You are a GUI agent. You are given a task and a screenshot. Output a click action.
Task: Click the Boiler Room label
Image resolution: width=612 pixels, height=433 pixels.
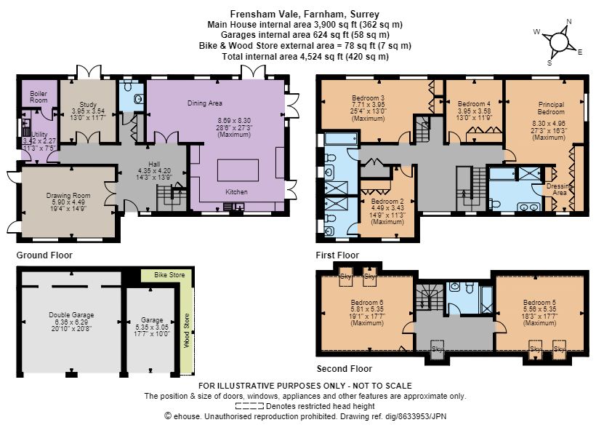39,97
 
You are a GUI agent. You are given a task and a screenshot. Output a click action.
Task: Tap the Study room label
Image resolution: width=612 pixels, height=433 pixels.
88,104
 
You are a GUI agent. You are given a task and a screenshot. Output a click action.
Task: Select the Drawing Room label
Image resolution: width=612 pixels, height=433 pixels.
68,196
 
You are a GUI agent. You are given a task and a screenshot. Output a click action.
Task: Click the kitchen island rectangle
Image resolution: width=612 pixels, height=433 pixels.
238,170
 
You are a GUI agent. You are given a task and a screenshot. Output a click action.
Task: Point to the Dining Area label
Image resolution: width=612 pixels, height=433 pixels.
205,103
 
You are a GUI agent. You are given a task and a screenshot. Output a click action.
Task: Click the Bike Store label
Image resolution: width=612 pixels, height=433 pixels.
169,275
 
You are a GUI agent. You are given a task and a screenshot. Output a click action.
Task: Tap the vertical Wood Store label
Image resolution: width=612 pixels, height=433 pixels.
187,330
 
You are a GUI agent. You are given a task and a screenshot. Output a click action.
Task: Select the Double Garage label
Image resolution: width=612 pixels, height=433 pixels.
71,314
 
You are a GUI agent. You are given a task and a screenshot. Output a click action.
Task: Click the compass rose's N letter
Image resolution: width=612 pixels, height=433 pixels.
569,22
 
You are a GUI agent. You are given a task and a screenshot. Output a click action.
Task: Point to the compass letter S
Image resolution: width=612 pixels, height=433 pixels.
549,63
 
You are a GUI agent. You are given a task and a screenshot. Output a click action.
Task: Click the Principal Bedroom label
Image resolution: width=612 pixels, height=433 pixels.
551,108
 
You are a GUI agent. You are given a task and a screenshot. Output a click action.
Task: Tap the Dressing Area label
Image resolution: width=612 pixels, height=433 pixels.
560,189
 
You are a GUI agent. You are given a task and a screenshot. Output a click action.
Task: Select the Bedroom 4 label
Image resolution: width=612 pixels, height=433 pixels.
474,104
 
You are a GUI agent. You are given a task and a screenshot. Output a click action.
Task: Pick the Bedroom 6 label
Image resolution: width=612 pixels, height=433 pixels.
367,302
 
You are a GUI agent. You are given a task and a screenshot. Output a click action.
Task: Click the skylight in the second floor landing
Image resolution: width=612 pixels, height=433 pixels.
438,348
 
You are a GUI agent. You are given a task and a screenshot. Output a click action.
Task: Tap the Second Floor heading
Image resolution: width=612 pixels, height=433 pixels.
345,368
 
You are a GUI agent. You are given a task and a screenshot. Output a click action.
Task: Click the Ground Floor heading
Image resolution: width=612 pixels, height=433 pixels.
44,255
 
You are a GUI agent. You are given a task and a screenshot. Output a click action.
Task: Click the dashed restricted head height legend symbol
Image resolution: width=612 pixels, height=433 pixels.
250,406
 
